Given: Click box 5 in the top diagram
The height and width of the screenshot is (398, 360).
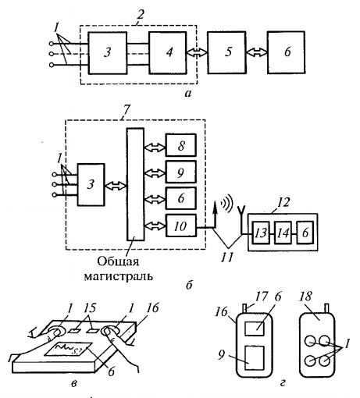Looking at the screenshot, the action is pyautogui.click(x=226, y=52).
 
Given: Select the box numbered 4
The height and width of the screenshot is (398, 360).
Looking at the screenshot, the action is pyautogui.click(x=168, y=53).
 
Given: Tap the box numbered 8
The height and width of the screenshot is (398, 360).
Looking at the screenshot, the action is pyautogui.click(x=181, y=145).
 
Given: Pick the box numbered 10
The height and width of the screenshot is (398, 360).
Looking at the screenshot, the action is pyautogui.click(x=181, y=226).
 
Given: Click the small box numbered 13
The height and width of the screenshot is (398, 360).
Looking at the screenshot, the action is pyautogui.click(x=261, y=233).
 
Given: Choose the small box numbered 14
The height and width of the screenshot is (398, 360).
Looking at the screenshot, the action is pyautogui.click(x=283, y=233).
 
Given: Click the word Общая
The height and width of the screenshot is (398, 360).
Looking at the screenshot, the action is pyautogui.click(x=118, y=261).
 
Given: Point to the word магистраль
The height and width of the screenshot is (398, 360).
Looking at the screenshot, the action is pyautogui.click(x=119, y=276).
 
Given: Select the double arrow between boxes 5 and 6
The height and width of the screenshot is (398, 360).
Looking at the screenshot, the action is pyautogui.click(x=257, y=52).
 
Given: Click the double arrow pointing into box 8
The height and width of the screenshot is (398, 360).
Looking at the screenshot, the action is pyautogui.click(x=155, y=147).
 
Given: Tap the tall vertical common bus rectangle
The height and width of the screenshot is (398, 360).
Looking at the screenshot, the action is pyautogui.click(x=135, y=184).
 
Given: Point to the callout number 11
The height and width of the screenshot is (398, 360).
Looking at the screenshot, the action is pyautogui.click(x=226, y=258).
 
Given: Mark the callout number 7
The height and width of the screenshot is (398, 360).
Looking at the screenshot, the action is pyautogui.click(x=126, y=111).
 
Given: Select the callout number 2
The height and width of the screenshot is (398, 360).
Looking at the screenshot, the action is pyautogui.click(x=140, y=14).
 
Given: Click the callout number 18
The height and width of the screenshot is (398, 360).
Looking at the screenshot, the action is pyautogui.click(x=306, y=297).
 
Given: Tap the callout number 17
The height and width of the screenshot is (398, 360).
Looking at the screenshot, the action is pyautogui.click(x=262, y=297).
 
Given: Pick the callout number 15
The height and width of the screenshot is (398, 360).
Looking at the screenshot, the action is pyautogui.click(x=90, y=308).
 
